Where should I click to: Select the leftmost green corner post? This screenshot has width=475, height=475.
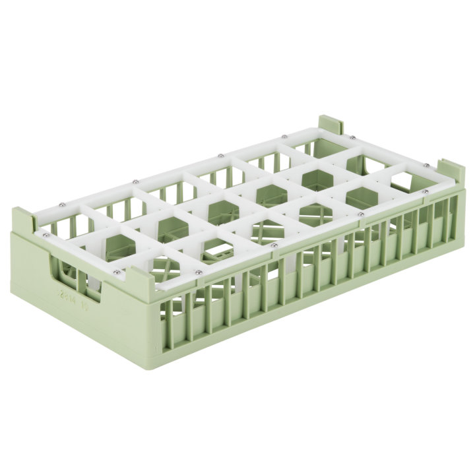pos(24,222)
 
